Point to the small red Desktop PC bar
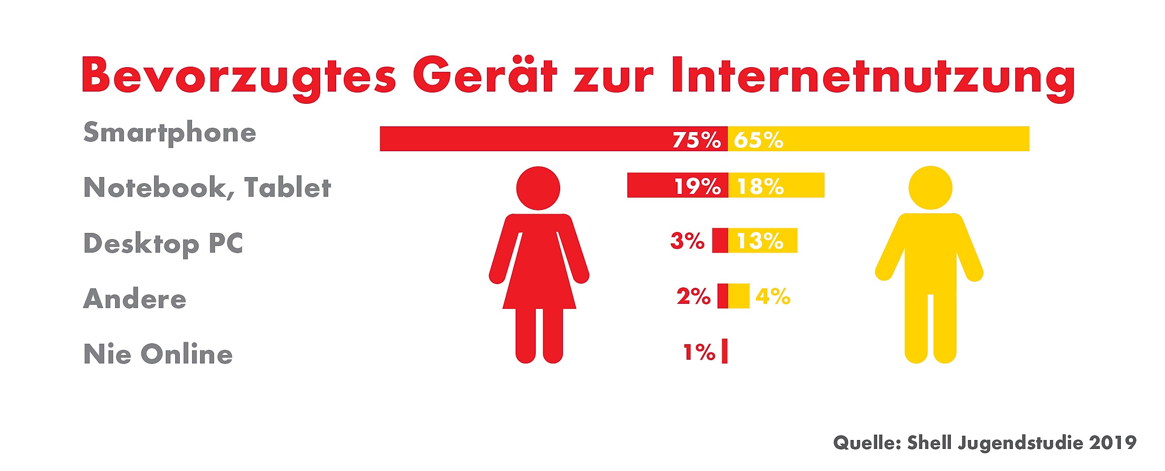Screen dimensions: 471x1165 point(720,240)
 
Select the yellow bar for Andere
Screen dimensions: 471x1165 point(739,296)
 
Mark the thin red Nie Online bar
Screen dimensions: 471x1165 point(725,351)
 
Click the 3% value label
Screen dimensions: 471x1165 point(687,240)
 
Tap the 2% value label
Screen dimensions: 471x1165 point(693,296)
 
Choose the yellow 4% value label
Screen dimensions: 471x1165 point(773,296)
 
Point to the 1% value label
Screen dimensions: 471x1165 point(699,352)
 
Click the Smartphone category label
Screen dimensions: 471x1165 point(170,132)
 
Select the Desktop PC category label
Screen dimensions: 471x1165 point(163,243)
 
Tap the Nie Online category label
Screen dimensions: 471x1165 point(158,354)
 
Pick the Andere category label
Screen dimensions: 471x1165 point(135,299)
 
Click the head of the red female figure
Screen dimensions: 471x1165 point(538,188)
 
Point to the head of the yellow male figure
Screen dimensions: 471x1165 point(930,188)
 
